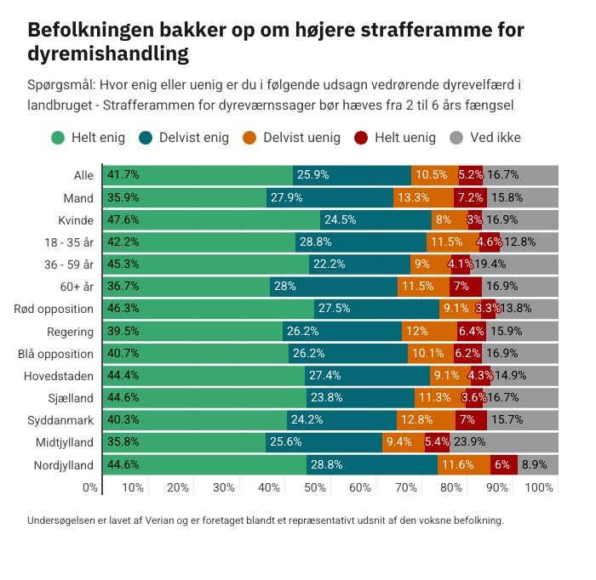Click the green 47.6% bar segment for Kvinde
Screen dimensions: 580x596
click(x=211, y=219)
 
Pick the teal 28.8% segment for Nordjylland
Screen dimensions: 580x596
click(x=372, y=464)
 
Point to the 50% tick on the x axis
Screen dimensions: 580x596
click(x=315, y=488)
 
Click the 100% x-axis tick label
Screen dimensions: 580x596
click(x=540, y=488)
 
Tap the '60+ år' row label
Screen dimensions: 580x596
click(x=75, y=287)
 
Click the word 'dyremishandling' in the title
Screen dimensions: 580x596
click(x=108, y=54)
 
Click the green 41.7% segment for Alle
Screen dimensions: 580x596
click(x=198, y=175)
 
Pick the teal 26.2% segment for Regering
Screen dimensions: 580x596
click(x=342, y=331)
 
